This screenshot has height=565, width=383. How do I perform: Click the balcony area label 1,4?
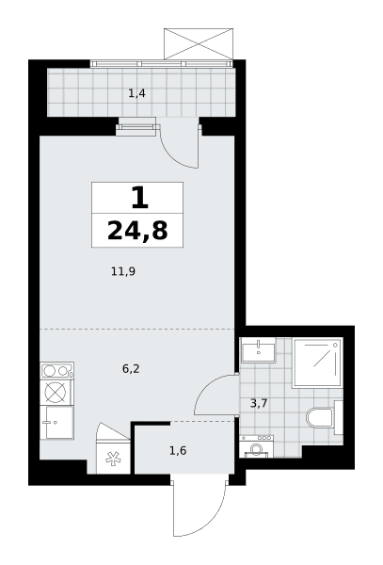point(136,93)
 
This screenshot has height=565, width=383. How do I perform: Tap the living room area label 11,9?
point(123,271)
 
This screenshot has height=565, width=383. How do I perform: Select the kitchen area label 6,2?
point(131,368)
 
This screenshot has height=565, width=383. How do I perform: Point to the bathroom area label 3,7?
point(259,403)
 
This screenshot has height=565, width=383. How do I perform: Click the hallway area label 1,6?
point(178,450)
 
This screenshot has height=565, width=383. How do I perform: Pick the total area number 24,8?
point(137,231)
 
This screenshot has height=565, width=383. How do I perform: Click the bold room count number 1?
point(139,199)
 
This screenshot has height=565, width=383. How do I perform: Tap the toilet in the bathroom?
point(325,417)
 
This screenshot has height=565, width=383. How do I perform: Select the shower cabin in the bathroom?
point(317,363)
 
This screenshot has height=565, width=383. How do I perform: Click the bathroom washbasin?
point(258,350)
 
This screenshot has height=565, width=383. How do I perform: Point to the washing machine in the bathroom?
point(256,446)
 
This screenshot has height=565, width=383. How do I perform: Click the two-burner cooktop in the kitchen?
point(57,370)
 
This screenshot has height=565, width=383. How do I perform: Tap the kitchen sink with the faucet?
point(56,422)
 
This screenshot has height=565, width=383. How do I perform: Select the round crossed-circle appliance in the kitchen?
point(56,392)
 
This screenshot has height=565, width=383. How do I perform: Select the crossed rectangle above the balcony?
point(199,43)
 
